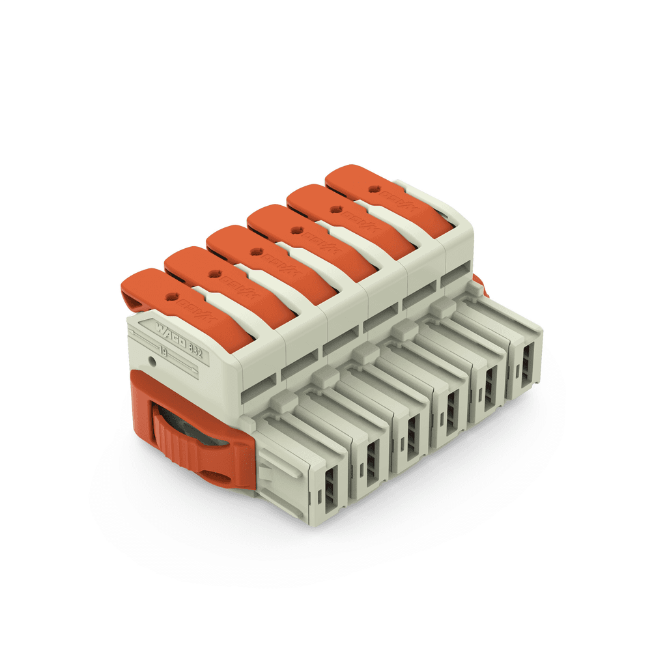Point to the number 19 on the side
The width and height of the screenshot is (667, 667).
click(163, 352)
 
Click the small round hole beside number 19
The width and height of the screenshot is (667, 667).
click(152, 360)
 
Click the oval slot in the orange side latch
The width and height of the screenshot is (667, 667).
click(221, 479)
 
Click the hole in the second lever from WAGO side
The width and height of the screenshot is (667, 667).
click(213, 275)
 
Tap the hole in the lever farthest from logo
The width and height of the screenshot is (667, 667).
click(374, 189)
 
